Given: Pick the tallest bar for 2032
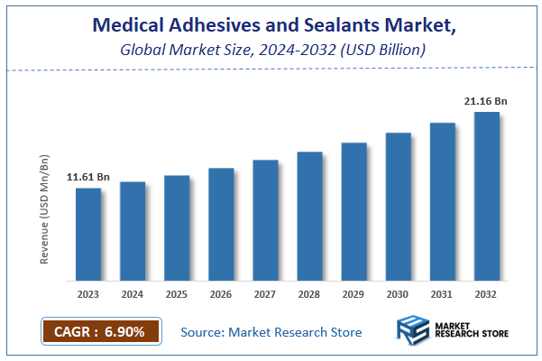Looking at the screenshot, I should pyautogui.click(x=487, y=196).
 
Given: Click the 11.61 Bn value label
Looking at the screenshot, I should pyautogui.click(x=88, y=177).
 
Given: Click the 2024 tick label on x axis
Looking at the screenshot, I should pyautogui.click(x=133, y=293).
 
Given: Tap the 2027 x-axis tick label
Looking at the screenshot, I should pyautogui.click(x=265, y=293).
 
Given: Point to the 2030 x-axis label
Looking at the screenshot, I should pyautogui.click(x=399, y=293).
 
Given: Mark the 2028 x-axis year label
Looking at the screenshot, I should pyautogui.click(x=309, y=293).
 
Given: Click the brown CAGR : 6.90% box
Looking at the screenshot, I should pyautogui.click(x=100, y=332).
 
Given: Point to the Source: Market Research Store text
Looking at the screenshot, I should pyautogui.click(x=271, y=332).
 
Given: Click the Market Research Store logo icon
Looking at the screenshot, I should pyautogui.click(x=414, y=332).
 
